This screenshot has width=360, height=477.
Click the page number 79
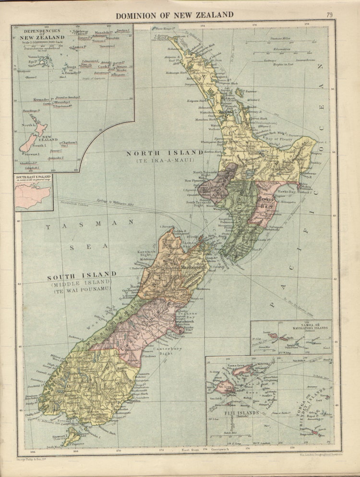point(329,15)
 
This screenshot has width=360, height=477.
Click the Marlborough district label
point(193,267)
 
